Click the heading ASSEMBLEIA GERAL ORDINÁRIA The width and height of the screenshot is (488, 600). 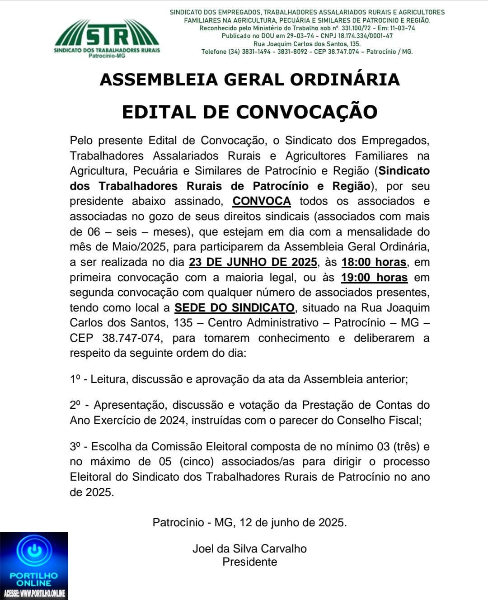249,80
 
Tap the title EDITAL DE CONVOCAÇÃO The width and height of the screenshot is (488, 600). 249,112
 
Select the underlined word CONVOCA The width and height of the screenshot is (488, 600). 262,201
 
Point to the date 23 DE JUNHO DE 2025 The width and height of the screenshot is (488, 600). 253,262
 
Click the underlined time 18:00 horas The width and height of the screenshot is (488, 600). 374,262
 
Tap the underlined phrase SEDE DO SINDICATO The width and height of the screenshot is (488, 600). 234,308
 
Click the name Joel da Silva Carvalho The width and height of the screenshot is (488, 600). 249,549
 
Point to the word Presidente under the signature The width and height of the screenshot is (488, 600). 249,562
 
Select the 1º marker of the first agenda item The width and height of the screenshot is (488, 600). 75,379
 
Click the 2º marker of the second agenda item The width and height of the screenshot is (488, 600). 75,405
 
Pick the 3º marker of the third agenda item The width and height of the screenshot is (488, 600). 75,447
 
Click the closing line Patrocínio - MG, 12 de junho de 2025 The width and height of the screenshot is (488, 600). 249,523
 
